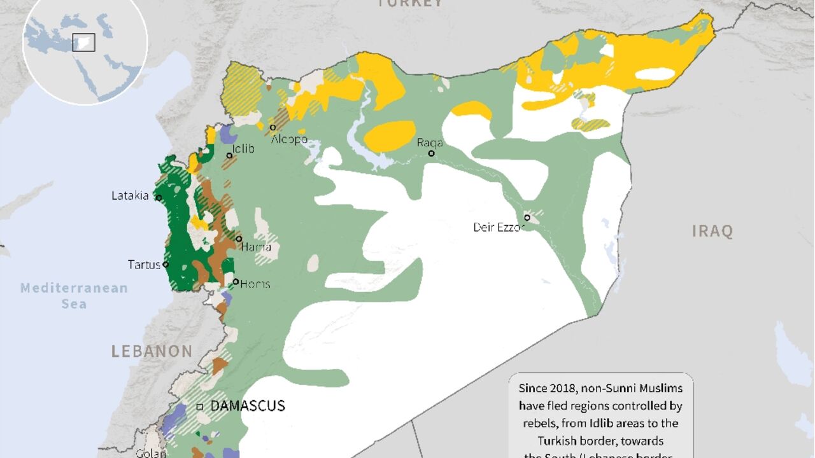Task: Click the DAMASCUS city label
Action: tap(248, 406)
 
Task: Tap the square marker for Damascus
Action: tap(200, 406)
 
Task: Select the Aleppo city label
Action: tap(289, 139)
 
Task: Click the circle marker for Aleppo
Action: tap(273, 128)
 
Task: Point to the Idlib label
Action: tap(243, 149)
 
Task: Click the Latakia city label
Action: tap(130, 196)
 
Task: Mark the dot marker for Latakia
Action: tap(159, 198)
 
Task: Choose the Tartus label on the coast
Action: tap(143, 265)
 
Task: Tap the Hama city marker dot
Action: tap(239, 239)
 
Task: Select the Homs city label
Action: tap(255, 284)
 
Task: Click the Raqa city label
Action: tap(430, 142)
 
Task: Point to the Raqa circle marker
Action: tap(432, 153)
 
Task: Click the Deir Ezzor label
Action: tap(498, 227)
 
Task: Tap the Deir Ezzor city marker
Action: tap(527, 218)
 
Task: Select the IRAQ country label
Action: tap(712, 231)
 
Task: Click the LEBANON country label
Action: tap(152, 351)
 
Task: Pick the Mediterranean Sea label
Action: tap(74, 296)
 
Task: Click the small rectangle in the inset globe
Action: tap(83, 42)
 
